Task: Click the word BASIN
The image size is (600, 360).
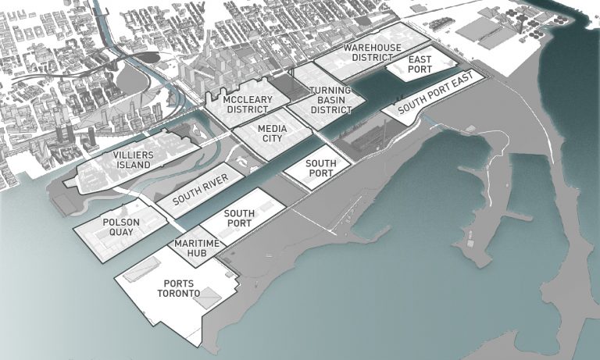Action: pyautogui.click(x=330, y=101)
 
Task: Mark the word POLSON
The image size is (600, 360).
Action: pyautogui.click(x=121, y=222)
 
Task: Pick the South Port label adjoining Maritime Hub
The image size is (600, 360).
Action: pyautogui.click(x=237, y=218)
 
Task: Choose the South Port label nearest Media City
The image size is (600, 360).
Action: pyautogui.click(x=320, y=169)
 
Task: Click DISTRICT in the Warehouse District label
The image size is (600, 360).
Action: pyautogui.click(x=372, y=58)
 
